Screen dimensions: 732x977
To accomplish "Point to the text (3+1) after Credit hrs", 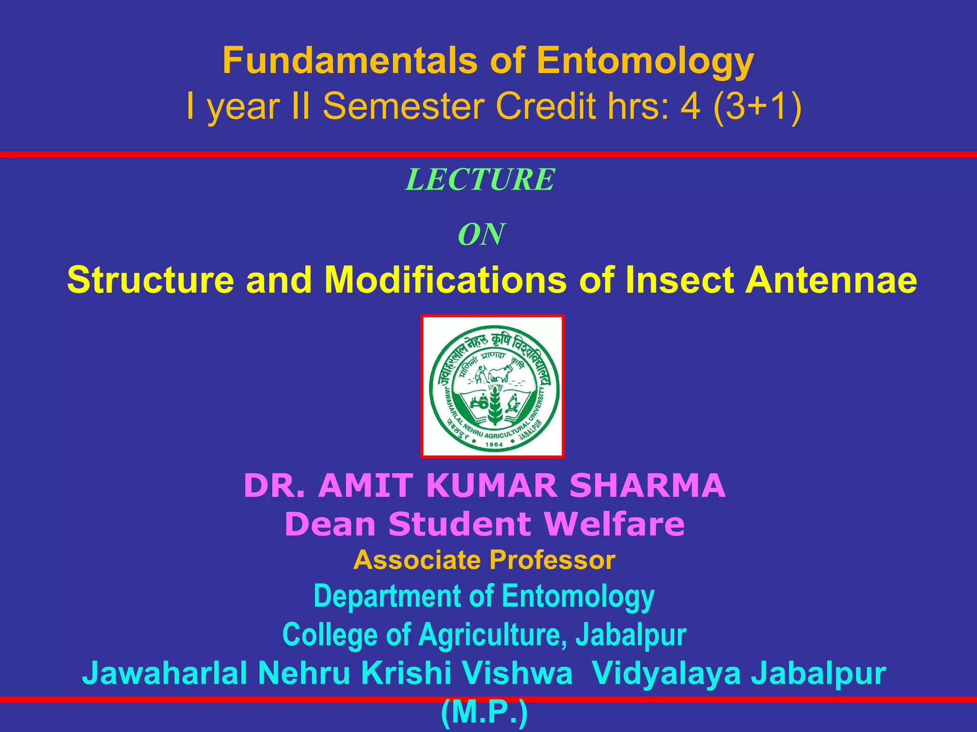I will coord(757,106).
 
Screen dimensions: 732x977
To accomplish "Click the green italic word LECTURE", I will coord(480,180).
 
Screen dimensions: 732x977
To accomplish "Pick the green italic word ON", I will coord(481,234).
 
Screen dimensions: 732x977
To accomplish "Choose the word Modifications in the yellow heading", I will coord(446,280).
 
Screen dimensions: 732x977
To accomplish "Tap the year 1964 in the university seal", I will coord(494,445).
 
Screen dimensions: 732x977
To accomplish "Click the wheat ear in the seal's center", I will coord(495,405).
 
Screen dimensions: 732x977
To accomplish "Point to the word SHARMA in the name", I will coord(647,486).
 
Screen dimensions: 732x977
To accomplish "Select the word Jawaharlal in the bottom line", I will coord(165,673).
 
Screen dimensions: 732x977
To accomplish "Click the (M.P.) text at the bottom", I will coord(484,713).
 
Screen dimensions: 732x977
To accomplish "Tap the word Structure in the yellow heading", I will coord(150,280).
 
